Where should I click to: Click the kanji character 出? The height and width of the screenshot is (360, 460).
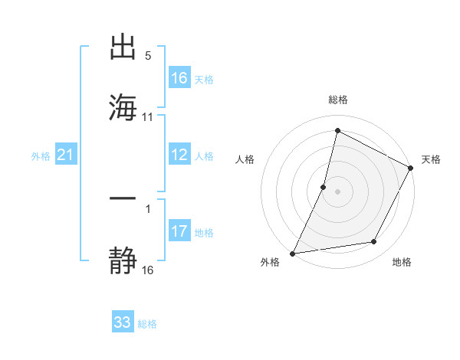(123, 47)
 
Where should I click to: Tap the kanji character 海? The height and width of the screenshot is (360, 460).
(123, 106)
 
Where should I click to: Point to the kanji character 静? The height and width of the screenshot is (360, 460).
(123, 259)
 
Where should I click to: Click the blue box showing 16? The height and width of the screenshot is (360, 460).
(179, 77)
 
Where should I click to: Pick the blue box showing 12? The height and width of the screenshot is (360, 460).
(179, 155)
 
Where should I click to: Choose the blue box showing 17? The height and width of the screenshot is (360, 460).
(179, 231)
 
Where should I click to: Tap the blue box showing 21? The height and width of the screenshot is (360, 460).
(66, 155)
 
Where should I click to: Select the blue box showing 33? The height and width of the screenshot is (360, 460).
(123, 322)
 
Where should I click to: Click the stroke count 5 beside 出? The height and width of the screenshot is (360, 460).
(148, 56)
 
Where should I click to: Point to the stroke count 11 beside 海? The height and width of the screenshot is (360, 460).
(148, 117)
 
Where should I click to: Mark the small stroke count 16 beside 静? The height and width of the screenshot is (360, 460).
(148, 270)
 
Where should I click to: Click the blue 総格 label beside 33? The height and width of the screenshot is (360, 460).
(147, 324)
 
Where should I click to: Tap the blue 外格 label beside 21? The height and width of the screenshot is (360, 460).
(41, 156)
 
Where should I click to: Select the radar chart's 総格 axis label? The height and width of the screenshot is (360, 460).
(337, 100)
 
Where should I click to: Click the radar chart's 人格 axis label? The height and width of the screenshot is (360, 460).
(245, 159)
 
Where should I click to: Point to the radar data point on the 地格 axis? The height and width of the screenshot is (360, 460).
(374, 242)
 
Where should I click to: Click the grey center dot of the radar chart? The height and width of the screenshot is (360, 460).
(337, 191)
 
